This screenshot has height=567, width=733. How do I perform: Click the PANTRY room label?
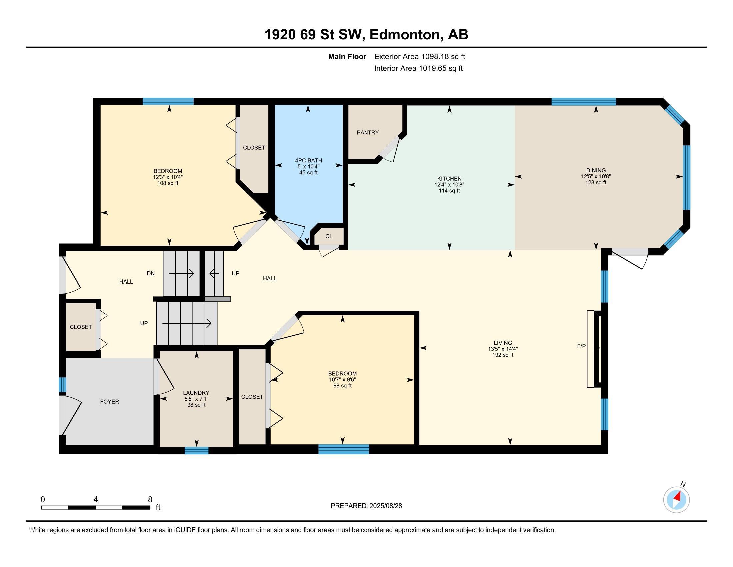click(x=367, y=133)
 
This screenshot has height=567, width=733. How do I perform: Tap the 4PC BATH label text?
click(x=308, y=160)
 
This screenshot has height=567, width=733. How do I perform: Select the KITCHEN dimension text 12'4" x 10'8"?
click(x=449, y=185)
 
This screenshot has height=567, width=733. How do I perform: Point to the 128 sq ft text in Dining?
click(x=596, y=183)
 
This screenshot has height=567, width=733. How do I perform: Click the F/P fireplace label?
click(x=581, y=346)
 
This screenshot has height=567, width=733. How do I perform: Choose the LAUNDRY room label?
click(x=196, y=393)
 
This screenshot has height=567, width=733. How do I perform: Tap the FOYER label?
click(x=109, y=401)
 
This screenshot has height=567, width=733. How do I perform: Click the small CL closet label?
click(x=329, y=236)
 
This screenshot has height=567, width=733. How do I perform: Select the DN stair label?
click(x=150, y=273)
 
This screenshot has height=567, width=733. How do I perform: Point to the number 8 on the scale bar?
click(x=150, y=500)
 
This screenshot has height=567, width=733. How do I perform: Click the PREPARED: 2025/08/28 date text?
click(x=366, y=506)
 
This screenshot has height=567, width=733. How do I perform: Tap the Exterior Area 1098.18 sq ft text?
click(x=419, y=56)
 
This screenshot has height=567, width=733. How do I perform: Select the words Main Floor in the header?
click(x=347, y=56)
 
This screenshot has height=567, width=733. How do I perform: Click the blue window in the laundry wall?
click(x=196, y=451)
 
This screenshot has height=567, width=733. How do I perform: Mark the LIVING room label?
click(x=503, y=343)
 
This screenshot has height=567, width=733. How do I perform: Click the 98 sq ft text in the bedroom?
click(x=342, y=386)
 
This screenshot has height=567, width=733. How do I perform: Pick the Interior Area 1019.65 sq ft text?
click(x=418, y=68)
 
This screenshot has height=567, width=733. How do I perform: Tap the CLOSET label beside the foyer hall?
click(x=81, y=327)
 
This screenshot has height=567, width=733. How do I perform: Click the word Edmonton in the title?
click(x=405, y=35)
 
